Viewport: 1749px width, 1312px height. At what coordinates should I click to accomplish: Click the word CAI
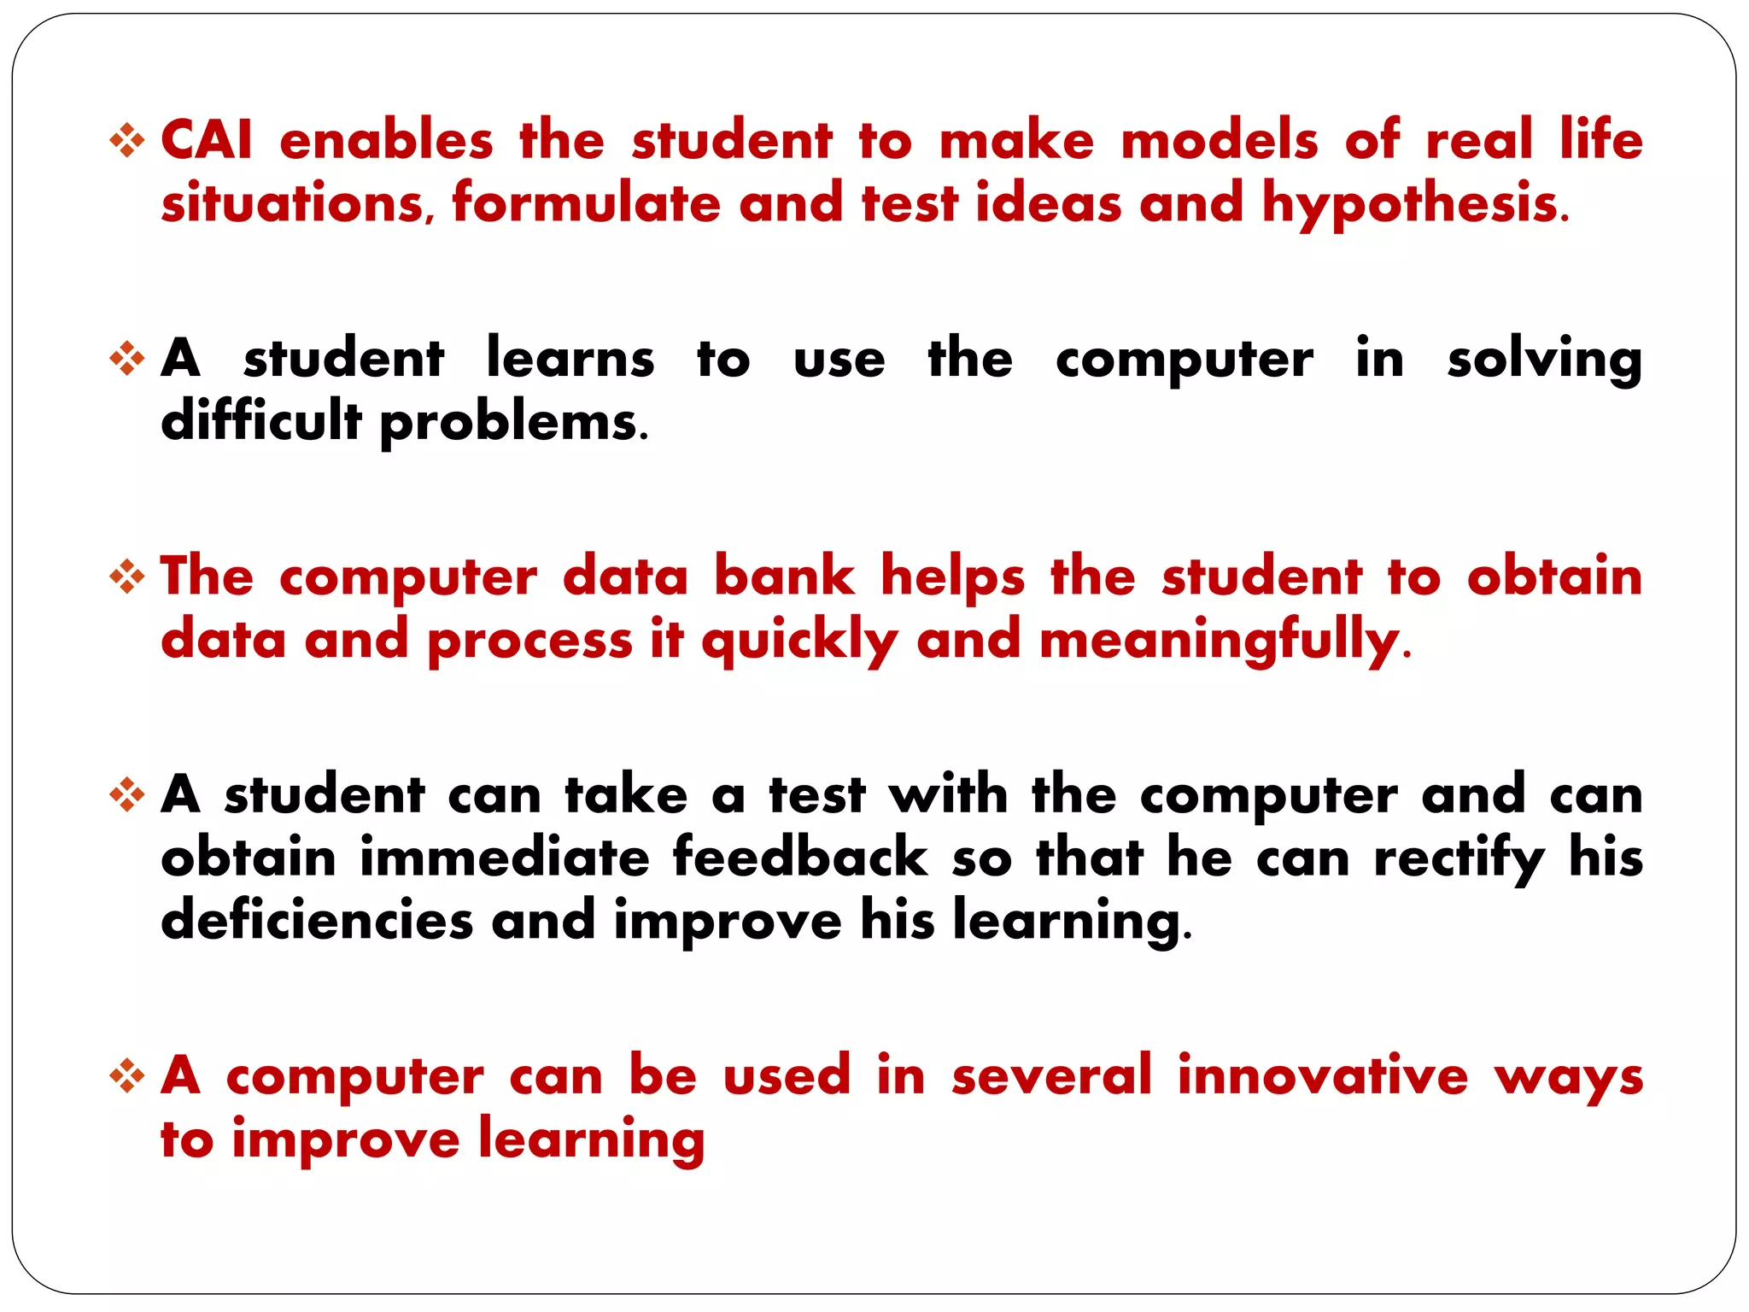[x=207, y=140]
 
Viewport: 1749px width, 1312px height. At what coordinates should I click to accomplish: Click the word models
[x=1220, y=140]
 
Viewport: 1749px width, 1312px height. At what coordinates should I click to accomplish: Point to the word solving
[x=1544, y=359]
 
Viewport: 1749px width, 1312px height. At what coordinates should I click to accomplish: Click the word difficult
[x=260, y=421]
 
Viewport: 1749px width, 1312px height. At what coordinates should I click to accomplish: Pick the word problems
[x=512, y=423]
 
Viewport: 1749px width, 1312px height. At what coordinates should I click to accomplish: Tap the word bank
[x=784, y=576]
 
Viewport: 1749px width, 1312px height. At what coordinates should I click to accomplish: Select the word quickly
[x=799, y=641]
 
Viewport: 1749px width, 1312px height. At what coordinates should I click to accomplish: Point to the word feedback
[x=800, y=858]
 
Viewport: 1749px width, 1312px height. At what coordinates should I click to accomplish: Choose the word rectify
[x=1459, y=858]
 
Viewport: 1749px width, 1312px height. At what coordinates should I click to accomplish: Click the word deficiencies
[x=317, y=921]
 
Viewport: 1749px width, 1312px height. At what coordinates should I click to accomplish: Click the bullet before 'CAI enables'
[x=127, y=141]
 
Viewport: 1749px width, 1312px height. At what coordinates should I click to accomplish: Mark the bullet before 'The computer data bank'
[x=127, y=577]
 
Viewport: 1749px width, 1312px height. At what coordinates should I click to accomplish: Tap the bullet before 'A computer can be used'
[x=127, y=1075]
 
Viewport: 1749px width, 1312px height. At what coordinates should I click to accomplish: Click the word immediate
[x=505, y=858]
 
